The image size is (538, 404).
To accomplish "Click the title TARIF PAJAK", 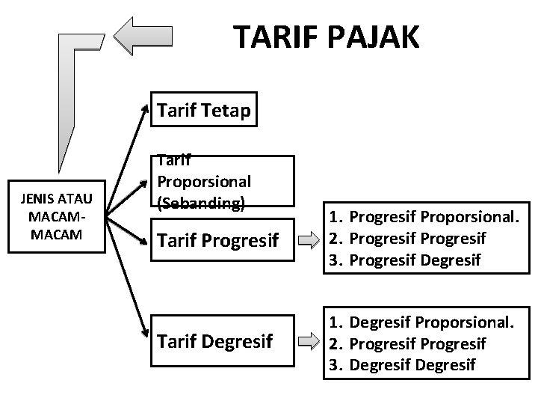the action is pyautogui.click(x=327, y=35).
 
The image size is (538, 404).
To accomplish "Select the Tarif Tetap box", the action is pyautogui.click(x=204, y=111).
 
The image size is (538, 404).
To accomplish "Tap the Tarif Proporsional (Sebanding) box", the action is pyautogui.click(x=222, y=182).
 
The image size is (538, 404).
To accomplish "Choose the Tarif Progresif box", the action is pyautogui.click(x=222, y=239).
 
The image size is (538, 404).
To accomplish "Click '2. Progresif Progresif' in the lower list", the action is pyautogui.click(x=408, y=343).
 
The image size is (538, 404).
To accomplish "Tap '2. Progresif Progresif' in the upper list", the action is pyautogui.click(x=408, y=239).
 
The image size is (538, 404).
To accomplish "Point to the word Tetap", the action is pyautogui.click(x=227, y=111).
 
